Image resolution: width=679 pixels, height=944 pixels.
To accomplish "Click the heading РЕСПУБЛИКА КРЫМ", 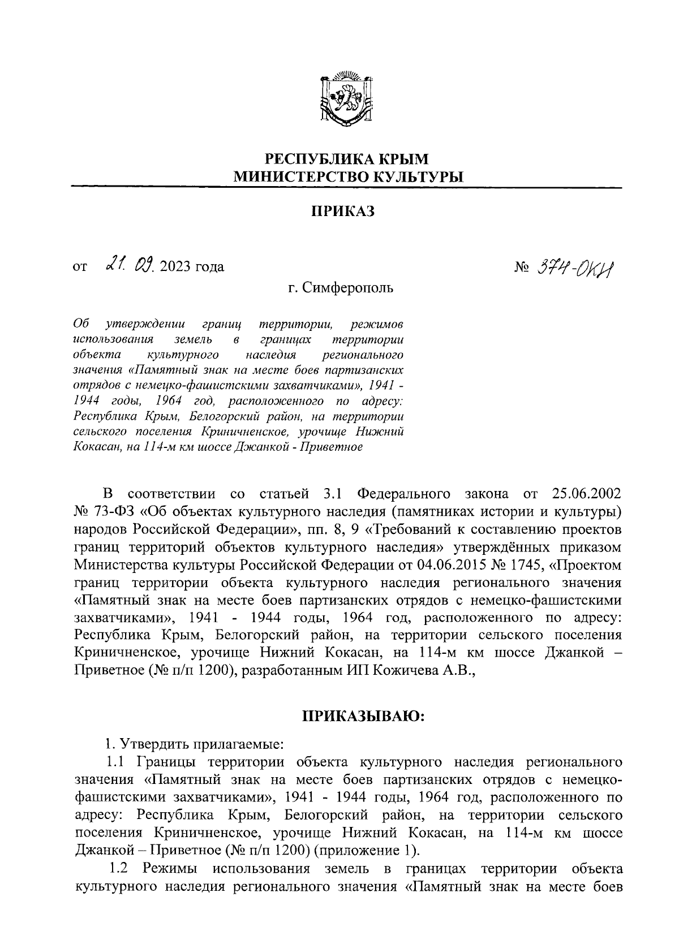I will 347,159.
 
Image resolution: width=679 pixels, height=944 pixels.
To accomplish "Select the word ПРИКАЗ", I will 343,212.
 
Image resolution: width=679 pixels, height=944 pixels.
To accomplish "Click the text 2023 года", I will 192,266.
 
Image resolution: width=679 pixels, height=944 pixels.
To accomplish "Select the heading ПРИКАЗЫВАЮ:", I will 364,717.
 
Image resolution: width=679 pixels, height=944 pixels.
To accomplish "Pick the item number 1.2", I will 121,868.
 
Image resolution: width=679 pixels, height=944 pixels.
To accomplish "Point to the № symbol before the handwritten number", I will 521,266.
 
